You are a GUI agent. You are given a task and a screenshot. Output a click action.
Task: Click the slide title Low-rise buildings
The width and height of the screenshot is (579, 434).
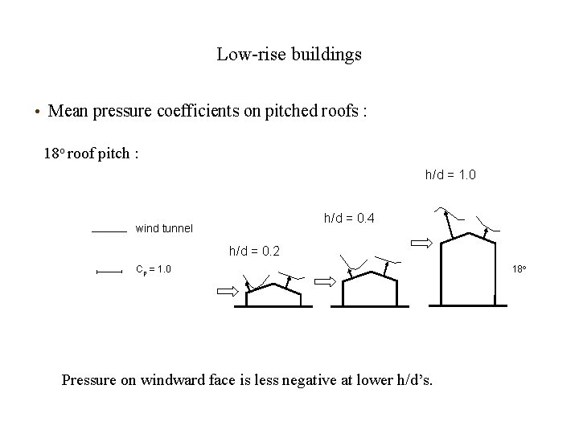pyautogui.click(x=289, y=55)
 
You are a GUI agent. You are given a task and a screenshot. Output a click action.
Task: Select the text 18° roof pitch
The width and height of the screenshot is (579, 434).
pyautogui.click(x=90, y=154)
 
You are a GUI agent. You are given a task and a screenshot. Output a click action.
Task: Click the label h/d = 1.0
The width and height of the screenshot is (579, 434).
pyautogui.click(x=450, y=174)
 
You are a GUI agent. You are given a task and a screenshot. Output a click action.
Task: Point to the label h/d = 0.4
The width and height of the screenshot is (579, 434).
pyautogui.click(x=349, y=218)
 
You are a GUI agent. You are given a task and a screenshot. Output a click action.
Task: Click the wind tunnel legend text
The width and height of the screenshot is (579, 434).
pyautogui.click(x=164, y=228)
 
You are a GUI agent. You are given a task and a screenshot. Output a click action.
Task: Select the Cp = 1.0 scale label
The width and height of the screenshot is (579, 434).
pyautogui.click(x=153, y=268)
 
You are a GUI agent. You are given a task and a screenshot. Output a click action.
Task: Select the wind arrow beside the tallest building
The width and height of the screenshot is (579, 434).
pyautogui.click(x=421, y=241)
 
